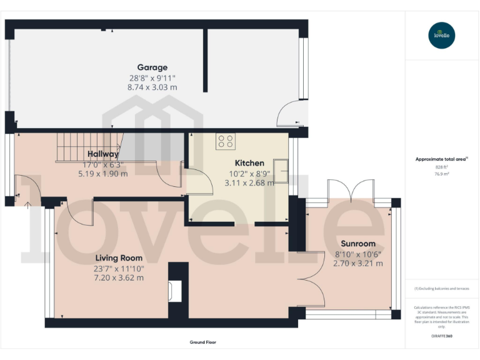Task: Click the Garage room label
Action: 152,67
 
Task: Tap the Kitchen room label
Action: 249,163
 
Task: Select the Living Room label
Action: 119,257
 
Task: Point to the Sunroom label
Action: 357,243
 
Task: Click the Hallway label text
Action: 103,154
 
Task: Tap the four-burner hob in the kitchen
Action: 225,142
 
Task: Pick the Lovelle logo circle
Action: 442,35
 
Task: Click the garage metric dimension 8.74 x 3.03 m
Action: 152,87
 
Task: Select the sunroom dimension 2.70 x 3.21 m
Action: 357,263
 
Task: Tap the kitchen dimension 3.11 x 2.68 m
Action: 249,183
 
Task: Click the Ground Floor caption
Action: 203,342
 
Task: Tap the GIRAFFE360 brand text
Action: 442,337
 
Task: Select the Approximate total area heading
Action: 441,159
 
